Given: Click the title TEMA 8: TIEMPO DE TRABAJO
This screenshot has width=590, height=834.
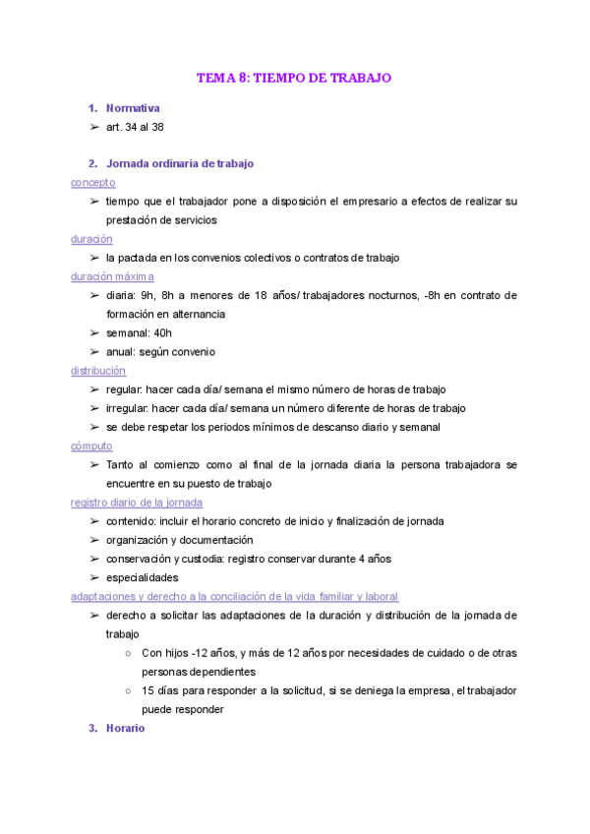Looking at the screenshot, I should click(294, 78).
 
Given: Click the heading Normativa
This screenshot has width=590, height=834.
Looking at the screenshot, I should click(133, 108).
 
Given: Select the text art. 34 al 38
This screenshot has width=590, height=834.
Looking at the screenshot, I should click(135, 127).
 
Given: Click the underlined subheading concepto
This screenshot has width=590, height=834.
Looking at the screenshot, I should click(92, 182).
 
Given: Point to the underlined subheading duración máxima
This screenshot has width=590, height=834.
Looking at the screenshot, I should click(112, 276).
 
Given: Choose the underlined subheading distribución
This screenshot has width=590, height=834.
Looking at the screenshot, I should click(98, 371).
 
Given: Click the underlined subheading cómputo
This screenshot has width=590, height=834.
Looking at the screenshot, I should click(91, 446).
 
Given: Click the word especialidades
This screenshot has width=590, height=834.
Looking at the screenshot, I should click(142, 577).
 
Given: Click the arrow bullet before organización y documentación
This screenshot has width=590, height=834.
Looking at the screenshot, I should click(93, 540).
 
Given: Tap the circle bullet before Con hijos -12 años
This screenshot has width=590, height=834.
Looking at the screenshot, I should click(130, 653).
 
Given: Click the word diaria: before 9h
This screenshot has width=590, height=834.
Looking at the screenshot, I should click(123, 295).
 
